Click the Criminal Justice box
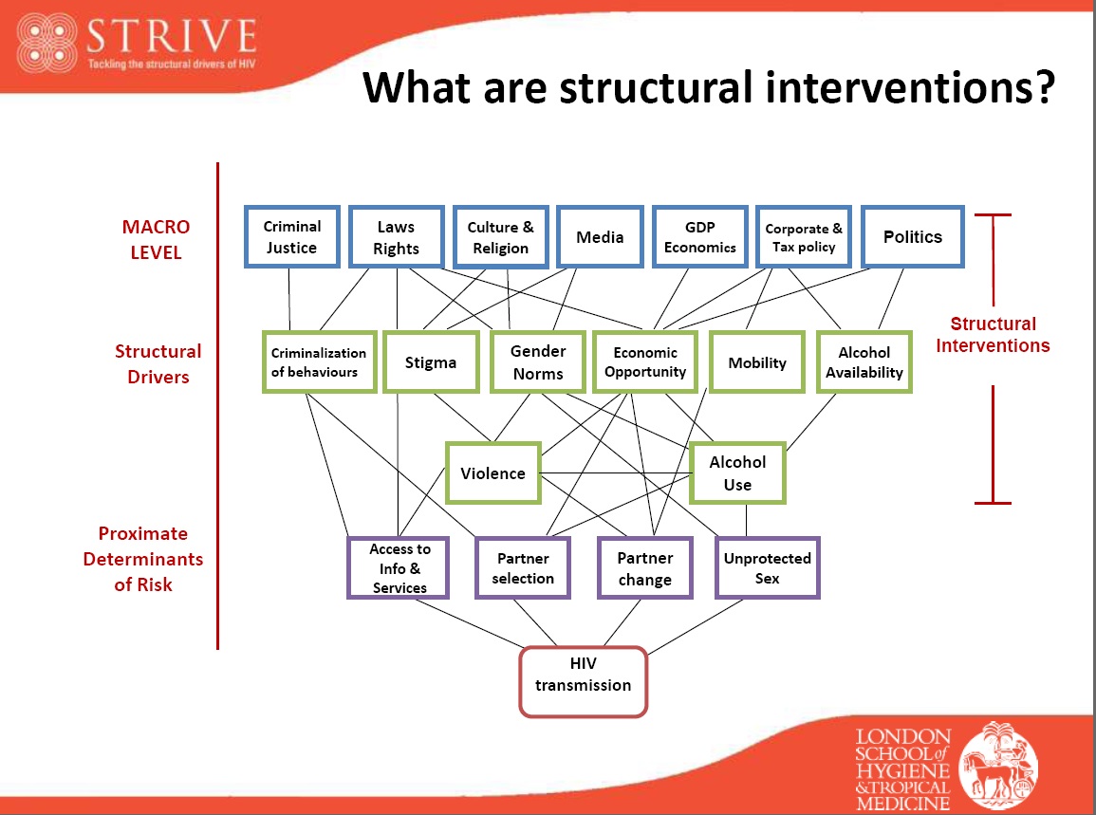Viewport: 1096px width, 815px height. pos(291,237)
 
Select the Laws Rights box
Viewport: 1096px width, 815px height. pos(396,237)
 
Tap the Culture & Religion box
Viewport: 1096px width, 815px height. pos(500,237)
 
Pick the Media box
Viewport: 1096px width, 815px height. pos(600,237)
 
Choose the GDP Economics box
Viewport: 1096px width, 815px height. pos(700,237)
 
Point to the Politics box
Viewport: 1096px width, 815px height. pos(912,237)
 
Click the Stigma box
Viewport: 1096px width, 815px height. pos(430,362)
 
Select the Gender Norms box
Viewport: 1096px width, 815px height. pos(538,362)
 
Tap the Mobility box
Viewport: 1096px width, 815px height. pos(757,362)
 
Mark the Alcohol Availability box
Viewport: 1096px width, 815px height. pos(864,362)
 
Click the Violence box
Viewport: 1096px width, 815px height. pos(492,473)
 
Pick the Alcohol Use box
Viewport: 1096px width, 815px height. pos(737,473)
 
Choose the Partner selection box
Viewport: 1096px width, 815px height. pos(523,568)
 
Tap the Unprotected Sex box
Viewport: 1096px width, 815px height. pos(767,568)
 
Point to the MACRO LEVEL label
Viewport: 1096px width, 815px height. pos(156,240)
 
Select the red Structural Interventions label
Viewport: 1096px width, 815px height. pos(993,335)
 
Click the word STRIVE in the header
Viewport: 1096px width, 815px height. pos(171,38)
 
